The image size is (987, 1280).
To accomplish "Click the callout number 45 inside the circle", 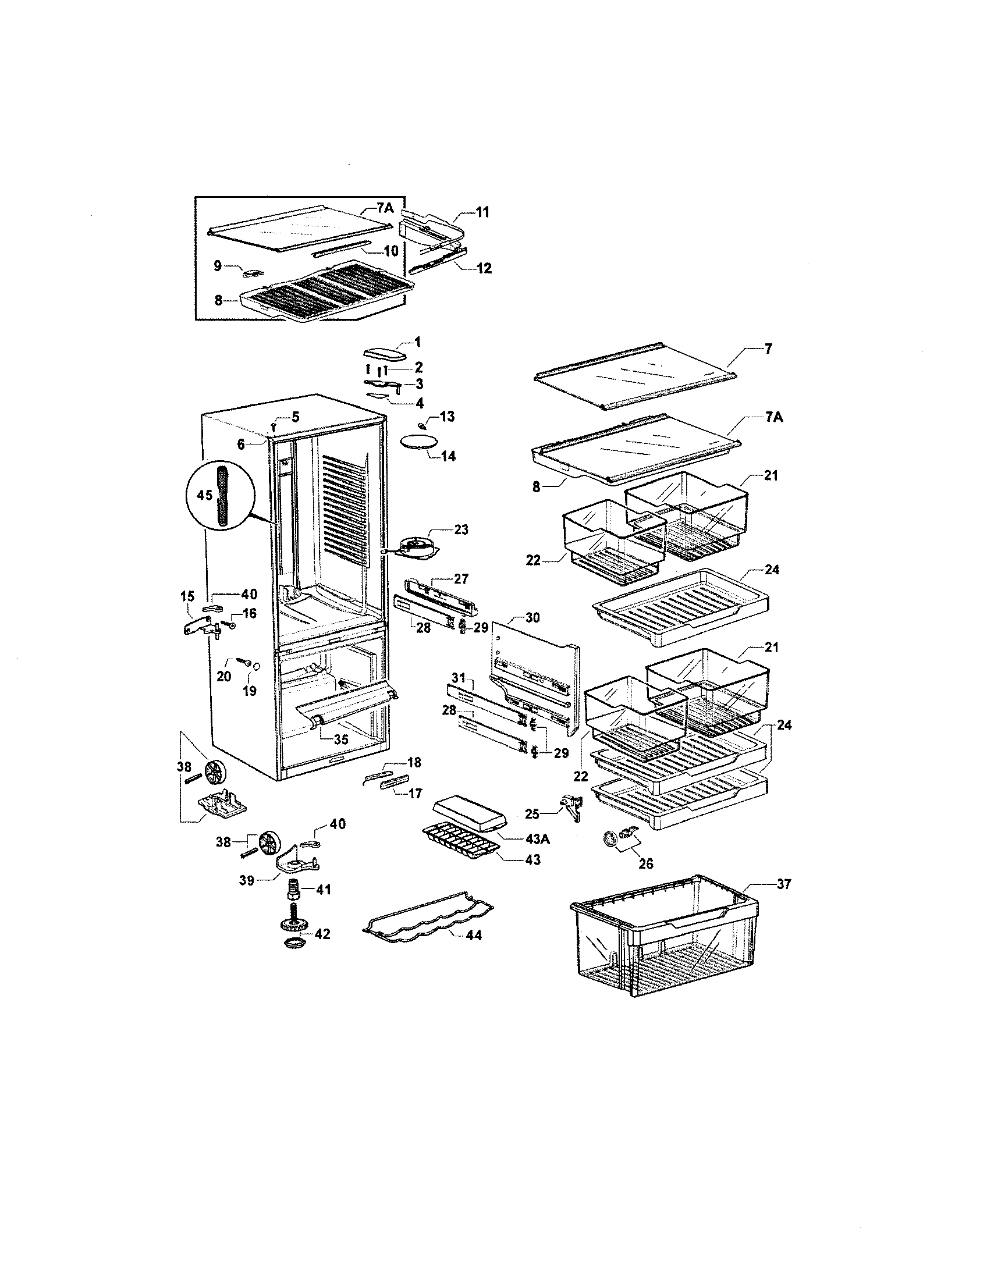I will tap(204, 496).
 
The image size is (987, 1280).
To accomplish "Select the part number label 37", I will tap(784, 885).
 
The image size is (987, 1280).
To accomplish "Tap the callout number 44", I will tap(473, 936).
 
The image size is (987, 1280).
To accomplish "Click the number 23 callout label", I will tap(461, 530).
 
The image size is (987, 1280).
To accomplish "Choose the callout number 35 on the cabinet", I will tap(340, 739).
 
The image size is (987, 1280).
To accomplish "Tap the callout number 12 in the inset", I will tap(484, 268).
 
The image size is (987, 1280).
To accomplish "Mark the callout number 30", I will tap(532, 617).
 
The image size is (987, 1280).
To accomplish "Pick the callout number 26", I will tap(647, 864).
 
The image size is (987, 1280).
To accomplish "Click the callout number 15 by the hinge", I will tap(187, 596).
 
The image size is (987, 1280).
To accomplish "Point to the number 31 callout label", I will tap(458, 678).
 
